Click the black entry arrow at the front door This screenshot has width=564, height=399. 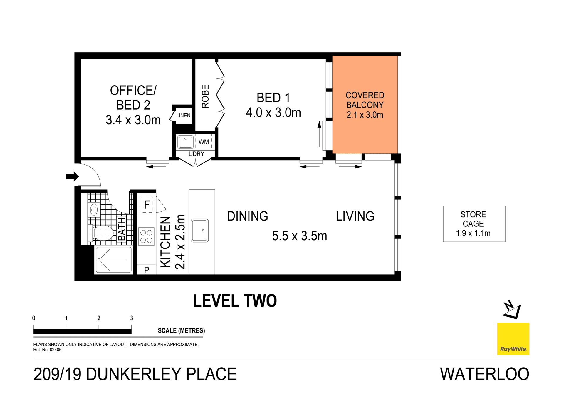(x=72, y=177)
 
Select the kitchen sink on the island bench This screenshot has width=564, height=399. (x=200, y=231)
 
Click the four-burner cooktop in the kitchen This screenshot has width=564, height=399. (x=146, y=236)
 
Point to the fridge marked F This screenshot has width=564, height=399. (x=147, y=204)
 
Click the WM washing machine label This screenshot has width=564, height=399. (x=204, y=142)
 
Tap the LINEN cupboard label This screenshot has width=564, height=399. (x=183, y=116)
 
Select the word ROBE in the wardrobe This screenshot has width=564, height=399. (x=205, y=96)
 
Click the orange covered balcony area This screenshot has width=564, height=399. (x=365, y=129)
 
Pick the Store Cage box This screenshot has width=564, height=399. (x=474, y=224)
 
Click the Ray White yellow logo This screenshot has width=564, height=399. (x=513, y=339)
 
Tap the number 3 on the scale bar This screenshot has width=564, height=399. (x=132, y=318)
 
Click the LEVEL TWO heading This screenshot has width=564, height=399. (x=235, y=301)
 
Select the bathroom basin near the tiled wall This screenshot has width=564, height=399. (x=94, y=210)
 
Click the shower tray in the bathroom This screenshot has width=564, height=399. (x=114, y=260)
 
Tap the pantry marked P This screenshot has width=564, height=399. (x=146, y=270)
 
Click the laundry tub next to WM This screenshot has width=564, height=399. (x=185, y=142)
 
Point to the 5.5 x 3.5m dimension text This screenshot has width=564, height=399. (x=299, y=236)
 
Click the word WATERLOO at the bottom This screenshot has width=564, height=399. (x=484, y=374)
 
